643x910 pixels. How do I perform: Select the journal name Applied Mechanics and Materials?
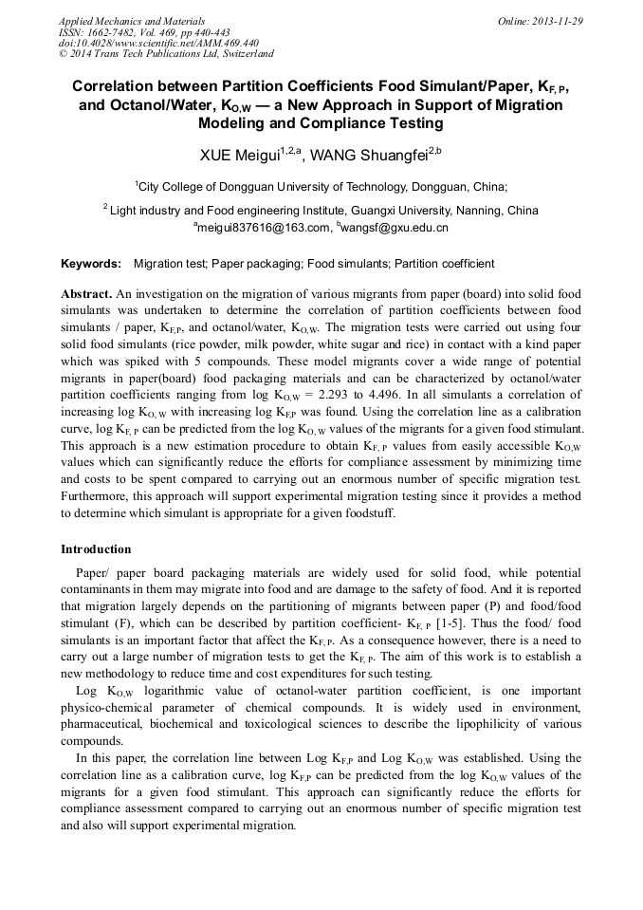pyautogui.click(x=132, y=21)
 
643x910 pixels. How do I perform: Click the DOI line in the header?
pyautogui.click(x=158, y=44)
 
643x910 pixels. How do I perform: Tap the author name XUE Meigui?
pyautogui.click(x=236, y=154)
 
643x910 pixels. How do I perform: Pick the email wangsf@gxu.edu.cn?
pyautogui.click(x=396, y=228)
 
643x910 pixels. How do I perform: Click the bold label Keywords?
pyautogui.click(x=91, y=263)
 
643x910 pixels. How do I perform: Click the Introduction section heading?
pyautogui.click(x=96, y=549)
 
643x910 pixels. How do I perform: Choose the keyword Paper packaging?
pyautogui.click(x=251, y=263)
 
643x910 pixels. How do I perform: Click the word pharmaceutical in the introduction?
pyautogui.click(x=107, y=724)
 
